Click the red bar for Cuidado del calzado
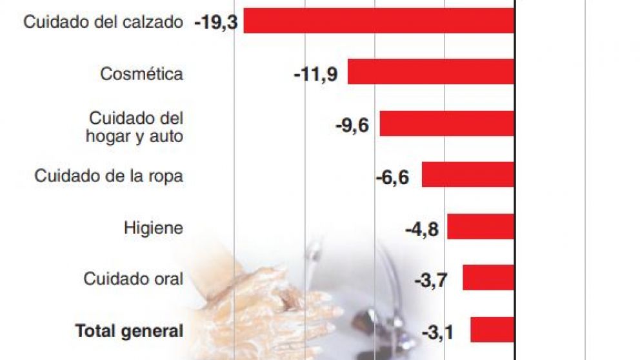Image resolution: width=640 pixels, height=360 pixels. [379, 21]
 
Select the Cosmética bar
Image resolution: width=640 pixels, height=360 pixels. [431, 72]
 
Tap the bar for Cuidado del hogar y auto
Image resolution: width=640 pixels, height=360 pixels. [446, 123]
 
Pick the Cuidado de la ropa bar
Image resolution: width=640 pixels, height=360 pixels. [468, 175]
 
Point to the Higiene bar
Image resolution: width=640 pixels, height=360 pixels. [481, 226]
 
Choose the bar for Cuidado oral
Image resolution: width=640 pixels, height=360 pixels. [488, 278]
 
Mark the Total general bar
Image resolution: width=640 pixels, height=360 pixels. [492, 329]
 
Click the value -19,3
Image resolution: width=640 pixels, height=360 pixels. [216, 23]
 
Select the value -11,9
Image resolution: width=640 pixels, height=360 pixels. [315, 74]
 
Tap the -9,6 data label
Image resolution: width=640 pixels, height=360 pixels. [352, 125]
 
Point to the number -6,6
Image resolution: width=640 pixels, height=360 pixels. [392, 177]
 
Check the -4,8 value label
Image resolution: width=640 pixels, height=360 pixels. [422, 228]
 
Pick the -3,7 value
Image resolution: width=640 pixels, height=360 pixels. [430, 280]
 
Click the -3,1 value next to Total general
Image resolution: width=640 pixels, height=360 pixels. [438, 332]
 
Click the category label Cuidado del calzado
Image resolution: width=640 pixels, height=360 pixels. [103, 21]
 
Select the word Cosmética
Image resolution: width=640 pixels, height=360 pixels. [141, 74]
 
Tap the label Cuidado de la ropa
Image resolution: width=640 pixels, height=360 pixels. [109, 176]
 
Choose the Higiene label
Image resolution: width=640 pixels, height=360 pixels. [153, 228]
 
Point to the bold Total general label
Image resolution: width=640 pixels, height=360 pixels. [129, 331]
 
